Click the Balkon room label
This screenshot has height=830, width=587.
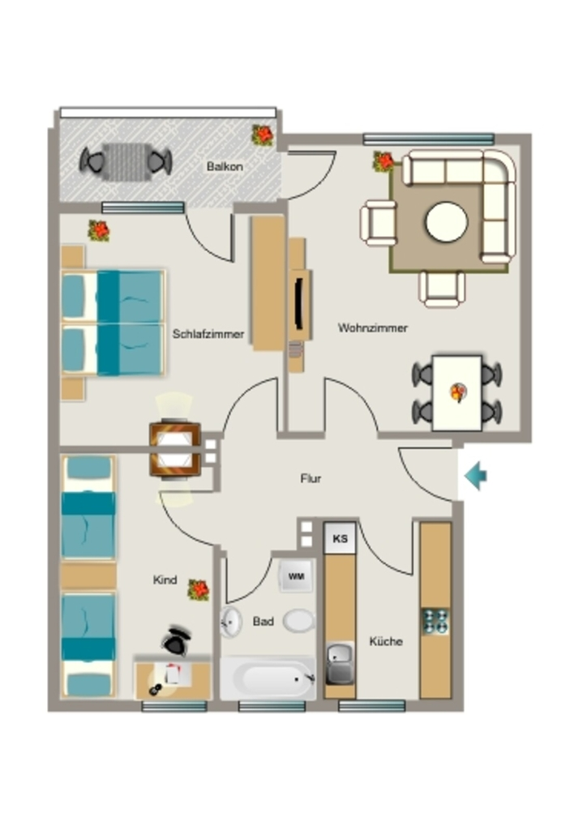click(225, 166)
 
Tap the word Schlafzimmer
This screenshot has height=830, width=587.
click(208, 334)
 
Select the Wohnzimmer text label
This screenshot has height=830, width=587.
click(373, 327)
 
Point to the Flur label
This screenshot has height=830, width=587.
click(311, 478)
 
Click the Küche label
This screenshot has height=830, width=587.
click(386, 642)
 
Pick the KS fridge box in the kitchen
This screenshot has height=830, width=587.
click(340, 538)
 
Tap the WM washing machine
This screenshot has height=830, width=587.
click(297, 576)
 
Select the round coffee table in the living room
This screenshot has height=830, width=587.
click(446, 222)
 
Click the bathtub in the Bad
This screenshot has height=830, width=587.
click(268, 678)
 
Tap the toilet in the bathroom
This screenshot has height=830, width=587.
click(299, 620)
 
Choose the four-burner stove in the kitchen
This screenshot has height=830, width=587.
click(435, 622)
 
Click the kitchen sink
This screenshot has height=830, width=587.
click(340, 664)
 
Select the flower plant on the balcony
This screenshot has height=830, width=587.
click(263, 135)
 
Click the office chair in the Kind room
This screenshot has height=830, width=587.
click(176, 640)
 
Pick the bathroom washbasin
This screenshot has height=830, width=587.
click(230, 622)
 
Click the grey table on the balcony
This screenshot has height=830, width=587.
click(126, 161)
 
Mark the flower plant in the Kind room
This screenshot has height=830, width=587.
click(199, 590)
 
